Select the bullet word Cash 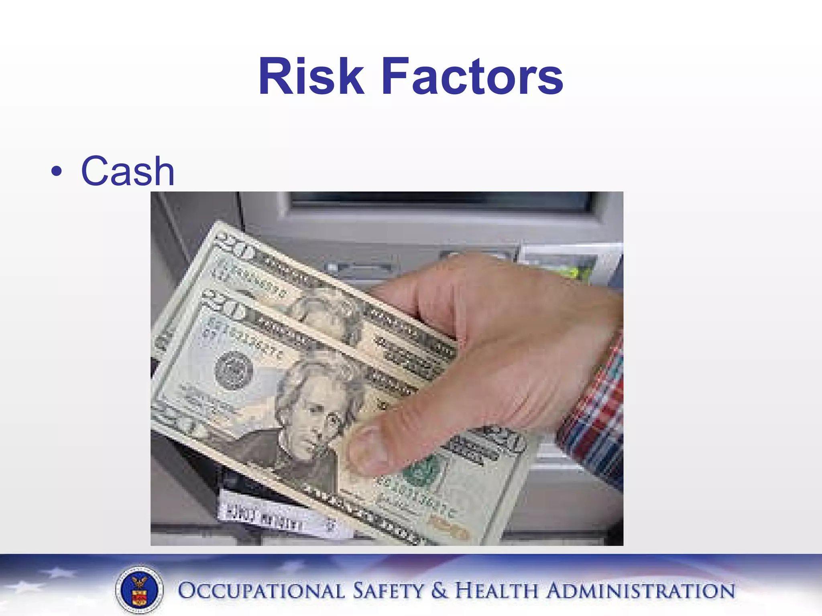coord(128,171)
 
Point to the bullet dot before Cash coord(57,172)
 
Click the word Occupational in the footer coord(261,591)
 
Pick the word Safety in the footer coord(388,591)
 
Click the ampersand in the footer coord(439,591)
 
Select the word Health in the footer coord(496,591)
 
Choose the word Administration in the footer coord(641,591)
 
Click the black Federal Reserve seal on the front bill coord(234,370)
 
